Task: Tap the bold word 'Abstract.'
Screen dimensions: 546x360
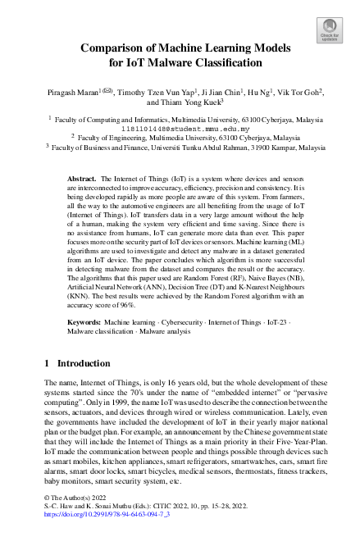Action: coord(80,178)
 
